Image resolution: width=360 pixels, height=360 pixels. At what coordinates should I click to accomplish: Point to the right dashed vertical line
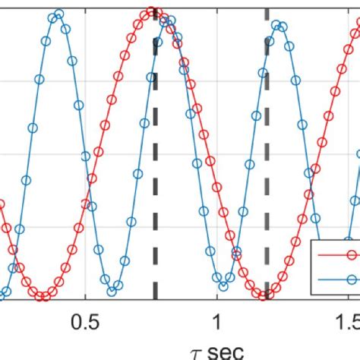point(267,152)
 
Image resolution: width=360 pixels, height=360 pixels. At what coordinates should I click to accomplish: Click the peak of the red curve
point(153,11)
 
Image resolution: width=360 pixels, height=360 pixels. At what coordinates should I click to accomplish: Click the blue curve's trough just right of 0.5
point(113,289)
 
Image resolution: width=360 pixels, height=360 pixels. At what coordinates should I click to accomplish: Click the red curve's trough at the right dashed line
point(265,294)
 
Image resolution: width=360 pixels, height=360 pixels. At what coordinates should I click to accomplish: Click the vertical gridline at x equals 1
point(218,114)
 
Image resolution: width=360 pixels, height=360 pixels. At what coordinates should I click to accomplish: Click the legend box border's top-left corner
point(312,239)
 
